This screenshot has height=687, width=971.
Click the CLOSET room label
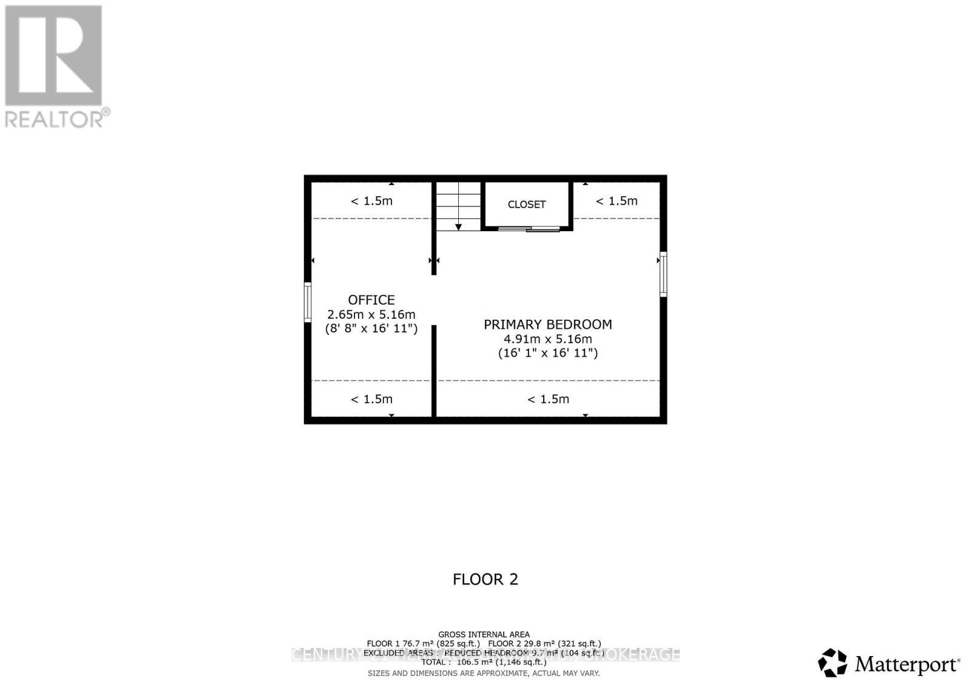pyautogui.click(x=527, y=205)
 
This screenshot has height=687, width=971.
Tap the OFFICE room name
pyautogui.click(x=371, y=300)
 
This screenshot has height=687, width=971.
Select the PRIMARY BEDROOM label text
pyautogui.click(x=548, y=325)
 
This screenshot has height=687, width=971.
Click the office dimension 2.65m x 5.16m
pyautogui.click(x=371, y=314)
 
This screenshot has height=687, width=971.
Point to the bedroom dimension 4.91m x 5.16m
pyautogui.click(x=548, y=339)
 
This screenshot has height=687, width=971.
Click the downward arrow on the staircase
pyautogui.click(x=459, y=226)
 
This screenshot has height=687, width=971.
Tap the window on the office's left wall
pyautogui.click(x=308, y=302)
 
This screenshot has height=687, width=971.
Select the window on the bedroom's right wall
pyautogui.click(x=663, y=274)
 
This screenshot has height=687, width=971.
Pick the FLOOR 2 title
pyautogui.click(x=486, y=580)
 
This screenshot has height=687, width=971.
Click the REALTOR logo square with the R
pyautogui.click(x=53, y=56)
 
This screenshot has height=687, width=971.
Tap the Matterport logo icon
pyautogui.click(x=833, y=663)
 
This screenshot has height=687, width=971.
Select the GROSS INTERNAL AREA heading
pyautogui.click(x=484, y=635)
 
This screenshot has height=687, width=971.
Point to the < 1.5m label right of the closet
pyautogui.click(x=617, y=201)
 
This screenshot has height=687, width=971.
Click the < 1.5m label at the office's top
pyautogui.click(x=371, y=201)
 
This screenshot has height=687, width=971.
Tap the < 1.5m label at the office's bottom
pyautogui.click(x=371, y=399)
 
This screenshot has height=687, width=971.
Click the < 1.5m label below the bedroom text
pyautogui.click(x=548, y=399)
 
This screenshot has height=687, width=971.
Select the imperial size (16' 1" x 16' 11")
pyautogui.click(x=548, y=353)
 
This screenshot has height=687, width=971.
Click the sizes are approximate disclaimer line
pyautogui.click(x=484, y=673)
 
